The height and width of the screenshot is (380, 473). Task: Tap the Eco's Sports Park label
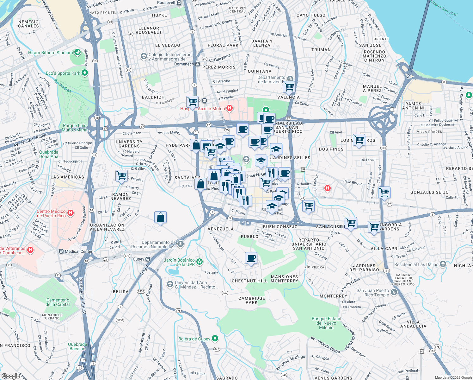click(x=63, y=73)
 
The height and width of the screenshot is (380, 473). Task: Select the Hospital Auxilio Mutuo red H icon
click(x=230, y=109)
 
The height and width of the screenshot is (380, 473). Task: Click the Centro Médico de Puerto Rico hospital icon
click(x=71, y=213)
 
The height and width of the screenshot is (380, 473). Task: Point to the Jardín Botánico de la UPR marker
click(x=199, y=262)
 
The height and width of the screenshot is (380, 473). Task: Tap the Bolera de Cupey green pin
click(x=215, y=339)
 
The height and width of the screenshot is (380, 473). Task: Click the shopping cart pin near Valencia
click(x=289, y=87)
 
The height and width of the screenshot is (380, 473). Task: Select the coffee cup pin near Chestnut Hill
click(x=251, y=258)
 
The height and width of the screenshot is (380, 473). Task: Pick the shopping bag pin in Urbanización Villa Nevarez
click(x=160, y=217)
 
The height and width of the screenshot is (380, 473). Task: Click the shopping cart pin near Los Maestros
click(x=359, y=140)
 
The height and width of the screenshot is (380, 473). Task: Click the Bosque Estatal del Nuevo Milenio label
click(x=326, y=323)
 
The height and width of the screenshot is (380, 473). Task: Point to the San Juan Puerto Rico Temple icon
click(x=394, y=292)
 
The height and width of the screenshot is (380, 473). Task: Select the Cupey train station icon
click(x=148, y=259)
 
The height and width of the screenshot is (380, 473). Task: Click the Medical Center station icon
click(x=61, y=251)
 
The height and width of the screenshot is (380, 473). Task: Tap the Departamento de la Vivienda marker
click(x=290, y=79)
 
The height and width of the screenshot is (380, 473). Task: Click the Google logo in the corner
click(x=10, y=376)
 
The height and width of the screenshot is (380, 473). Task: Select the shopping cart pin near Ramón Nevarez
click(x=121, y=175)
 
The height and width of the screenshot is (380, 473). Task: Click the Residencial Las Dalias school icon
click(x=443, y=264)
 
